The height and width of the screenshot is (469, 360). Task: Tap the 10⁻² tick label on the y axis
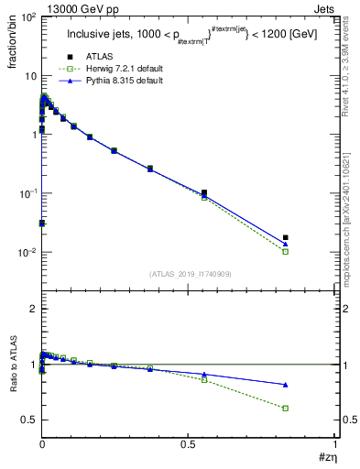point(27,253)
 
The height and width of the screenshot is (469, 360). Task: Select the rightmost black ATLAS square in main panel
point(286,238)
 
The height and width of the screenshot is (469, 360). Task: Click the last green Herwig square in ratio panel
point(286,409)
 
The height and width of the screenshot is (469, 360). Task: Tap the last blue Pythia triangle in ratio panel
point(286,385)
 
